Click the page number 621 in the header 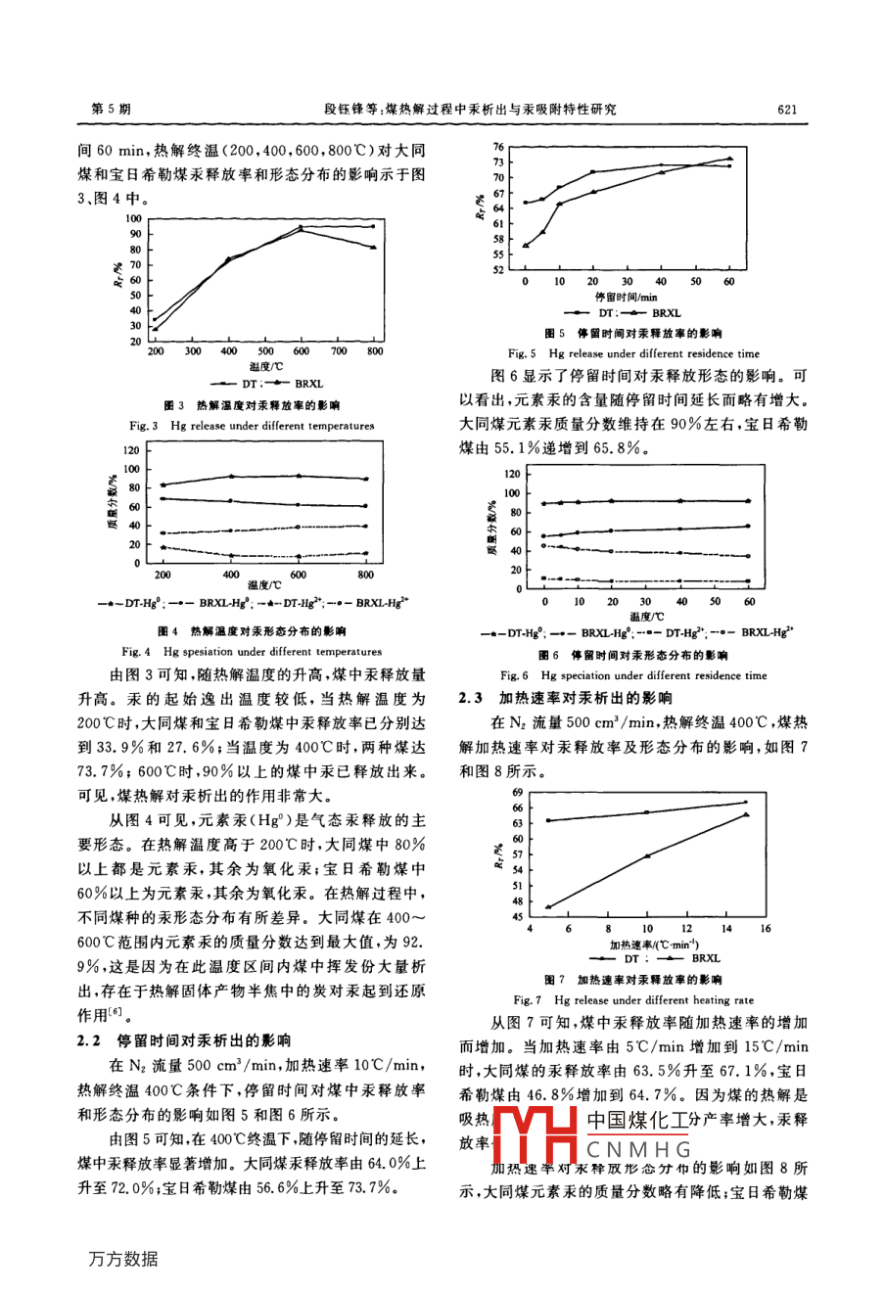(790, 110)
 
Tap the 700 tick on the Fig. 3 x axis (339, 350)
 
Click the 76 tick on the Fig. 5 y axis (498, 147)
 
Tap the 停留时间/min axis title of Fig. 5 (626, 296)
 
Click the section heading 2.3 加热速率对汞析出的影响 (565, 698)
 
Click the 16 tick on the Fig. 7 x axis (766, 928)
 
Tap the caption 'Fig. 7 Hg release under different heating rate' (633, 1000)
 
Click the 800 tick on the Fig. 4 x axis (364, 576)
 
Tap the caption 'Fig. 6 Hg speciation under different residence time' (633, 675)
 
